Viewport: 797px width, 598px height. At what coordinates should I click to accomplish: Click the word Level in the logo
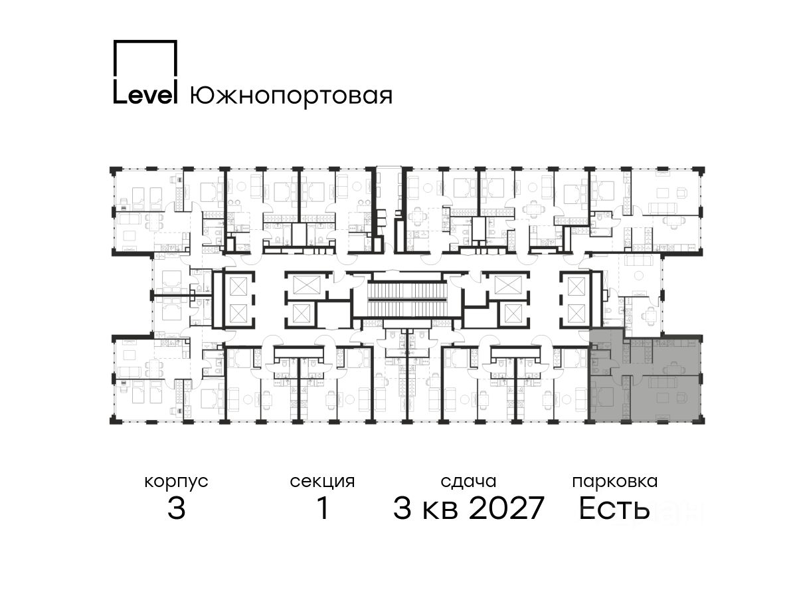145,95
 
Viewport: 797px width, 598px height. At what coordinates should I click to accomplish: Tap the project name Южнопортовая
291,96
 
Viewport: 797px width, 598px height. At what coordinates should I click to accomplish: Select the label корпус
176,482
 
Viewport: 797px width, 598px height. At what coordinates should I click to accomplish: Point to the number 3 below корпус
177,508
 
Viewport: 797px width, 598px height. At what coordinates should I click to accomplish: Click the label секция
322,482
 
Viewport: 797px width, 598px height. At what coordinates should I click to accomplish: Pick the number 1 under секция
323,508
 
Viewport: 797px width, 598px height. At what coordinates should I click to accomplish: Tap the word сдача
468,482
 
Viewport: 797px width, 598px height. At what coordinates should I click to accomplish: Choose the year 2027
507,508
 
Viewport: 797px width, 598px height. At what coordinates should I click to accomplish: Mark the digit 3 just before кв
402,508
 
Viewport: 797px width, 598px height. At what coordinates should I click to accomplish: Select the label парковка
615,482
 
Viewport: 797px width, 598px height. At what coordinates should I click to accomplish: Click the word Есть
614,508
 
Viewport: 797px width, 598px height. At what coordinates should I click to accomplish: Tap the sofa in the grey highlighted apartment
663,382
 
